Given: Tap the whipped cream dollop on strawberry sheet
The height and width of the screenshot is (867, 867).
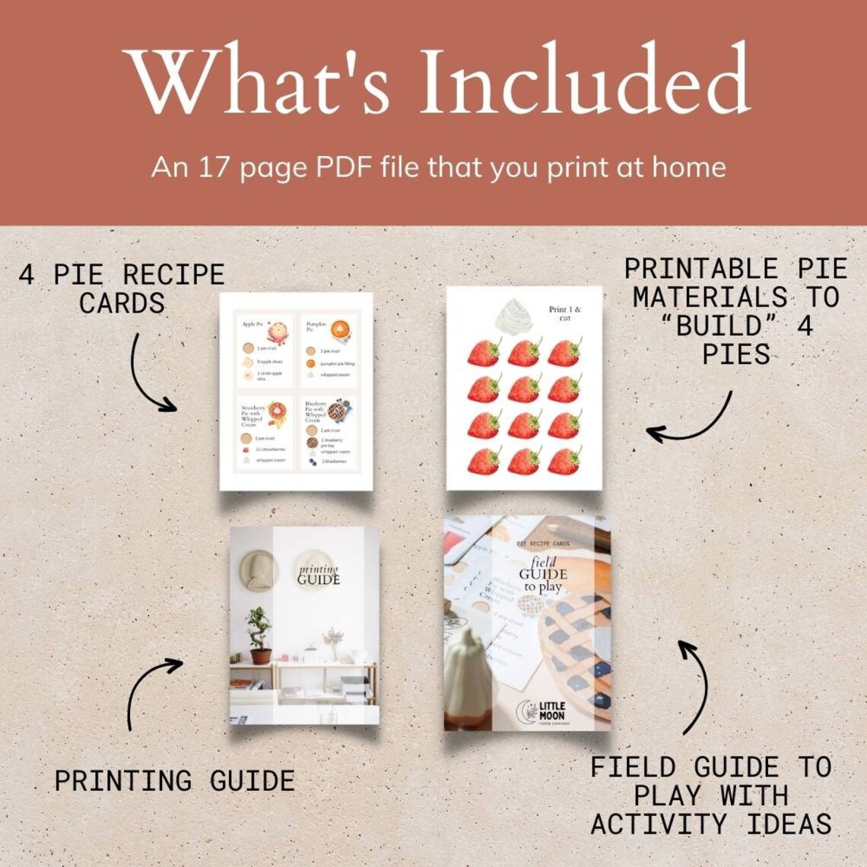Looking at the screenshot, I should (x=517, y=314).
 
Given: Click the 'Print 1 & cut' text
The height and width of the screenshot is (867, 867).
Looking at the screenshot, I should (x=565, y=313).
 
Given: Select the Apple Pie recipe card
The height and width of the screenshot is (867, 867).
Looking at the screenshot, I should (x=264, y=351).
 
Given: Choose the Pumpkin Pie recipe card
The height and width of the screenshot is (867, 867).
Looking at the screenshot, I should (x=328, y=351).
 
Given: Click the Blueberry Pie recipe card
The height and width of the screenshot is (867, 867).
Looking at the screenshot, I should (x=328, y=432).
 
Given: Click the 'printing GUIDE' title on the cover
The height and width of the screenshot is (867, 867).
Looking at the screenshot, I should (x=319, y=575).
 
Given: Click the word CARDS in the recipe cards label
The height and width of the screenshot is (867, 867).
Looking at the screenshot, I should (x=122, y=303).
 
